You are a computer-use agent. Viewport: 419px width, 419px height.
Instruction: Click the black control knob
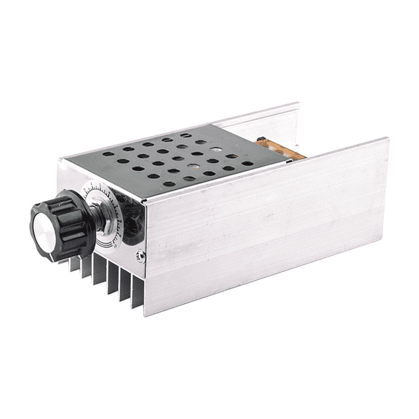(62, 221)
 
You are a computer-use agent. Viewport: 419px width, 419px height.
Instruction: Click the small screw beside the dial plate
(140, 255)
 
